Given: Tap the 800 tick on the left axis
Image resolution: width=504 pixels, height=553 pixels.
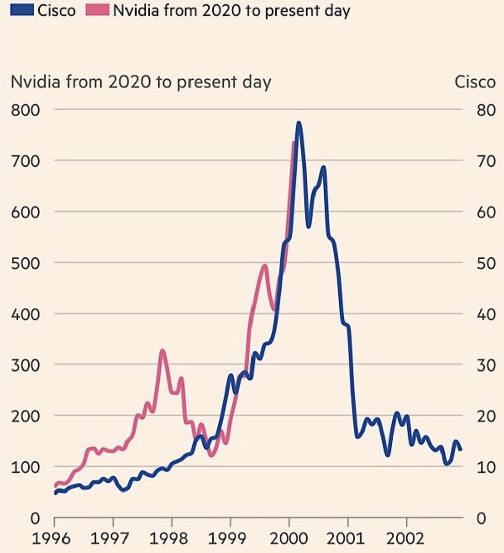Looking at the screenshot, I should tap(26, 109).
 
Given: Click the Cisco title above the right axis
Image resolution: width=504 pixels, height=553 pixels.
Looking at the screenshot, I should tap(475, 82).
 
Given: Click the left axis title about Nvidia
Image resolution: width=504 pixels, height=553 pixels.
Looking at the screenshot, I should tap(141, 82).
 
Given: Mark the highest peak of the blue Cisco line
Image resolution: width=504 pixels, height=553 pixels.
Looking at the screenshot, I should tap(299, 123).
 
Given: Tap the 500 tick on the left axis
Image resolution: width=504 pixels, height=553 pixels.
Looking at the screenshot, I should tap(26, 263).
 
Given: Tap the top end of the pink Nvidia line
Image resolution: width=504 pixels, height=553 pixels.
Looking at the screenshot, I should tap(293, 143).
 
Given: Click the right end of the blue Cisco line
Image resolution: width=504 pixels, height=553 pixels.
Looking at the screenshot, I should tap(461, 449).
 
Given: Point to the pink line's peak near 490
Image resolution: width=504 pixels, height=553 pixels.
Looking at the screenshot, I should tap(264, 266).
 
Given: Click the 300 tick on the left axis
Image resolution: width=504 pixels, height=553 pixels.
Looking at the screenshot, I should tap(26, 364).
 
